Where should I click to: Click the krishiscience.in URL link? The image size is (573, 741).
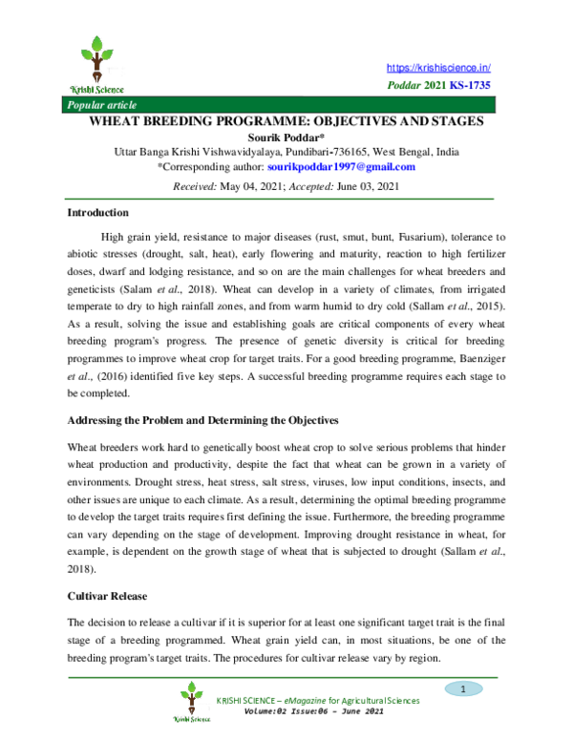click(x=438, y=68)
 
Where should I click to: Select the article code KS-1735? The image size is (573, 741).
click(x=470, y=86)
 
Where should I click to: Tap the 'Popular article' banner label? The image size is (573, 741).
click(x=97, y=104)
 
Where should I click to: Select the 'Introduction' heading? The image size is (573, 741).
click(x=98, y=213)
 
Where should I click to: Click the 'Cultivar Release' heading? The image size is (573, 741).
click(x=107, y=596)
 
